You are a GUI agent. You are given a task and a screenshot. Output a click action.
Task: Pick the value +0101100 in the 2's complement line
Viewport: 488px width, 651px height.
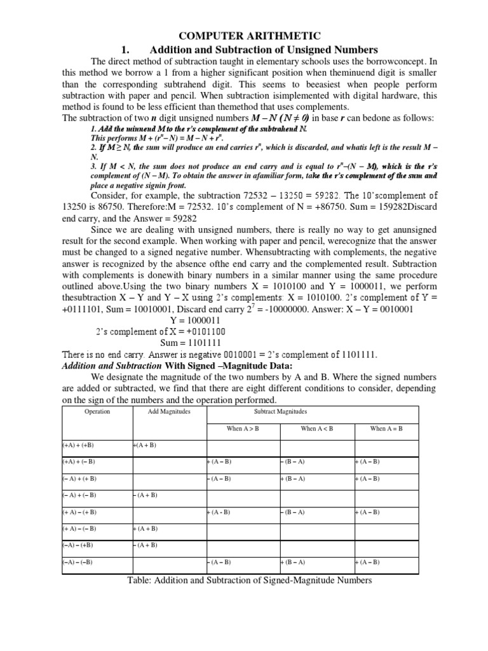201,331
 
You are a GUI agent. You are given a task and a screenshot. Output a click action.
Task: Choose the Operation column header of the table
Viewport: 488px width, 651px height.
97,411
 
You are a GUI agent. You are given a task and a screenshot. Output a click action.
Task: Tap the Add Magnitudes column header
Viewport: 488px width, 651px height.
168,411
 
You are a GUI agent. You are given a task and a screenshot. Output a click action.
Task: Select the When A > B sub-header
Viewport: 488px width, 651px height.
243,428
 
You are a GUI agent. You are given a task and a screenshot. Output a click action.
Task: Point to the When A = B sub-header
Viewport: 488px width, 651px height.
386,428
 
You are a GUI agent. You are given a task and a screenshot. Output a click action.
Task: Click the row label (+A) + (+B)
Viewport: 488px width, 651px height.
79,445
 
